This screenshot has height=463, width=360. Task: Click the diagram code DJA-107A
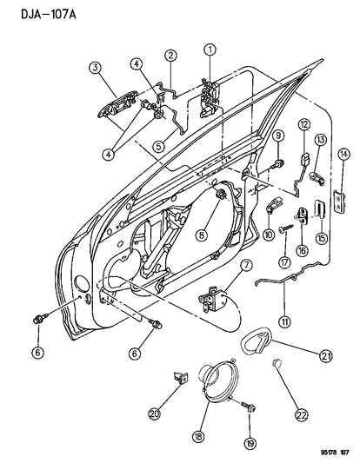point(37,11)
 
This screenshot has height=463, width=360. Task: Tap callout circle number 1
point(210,50)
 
